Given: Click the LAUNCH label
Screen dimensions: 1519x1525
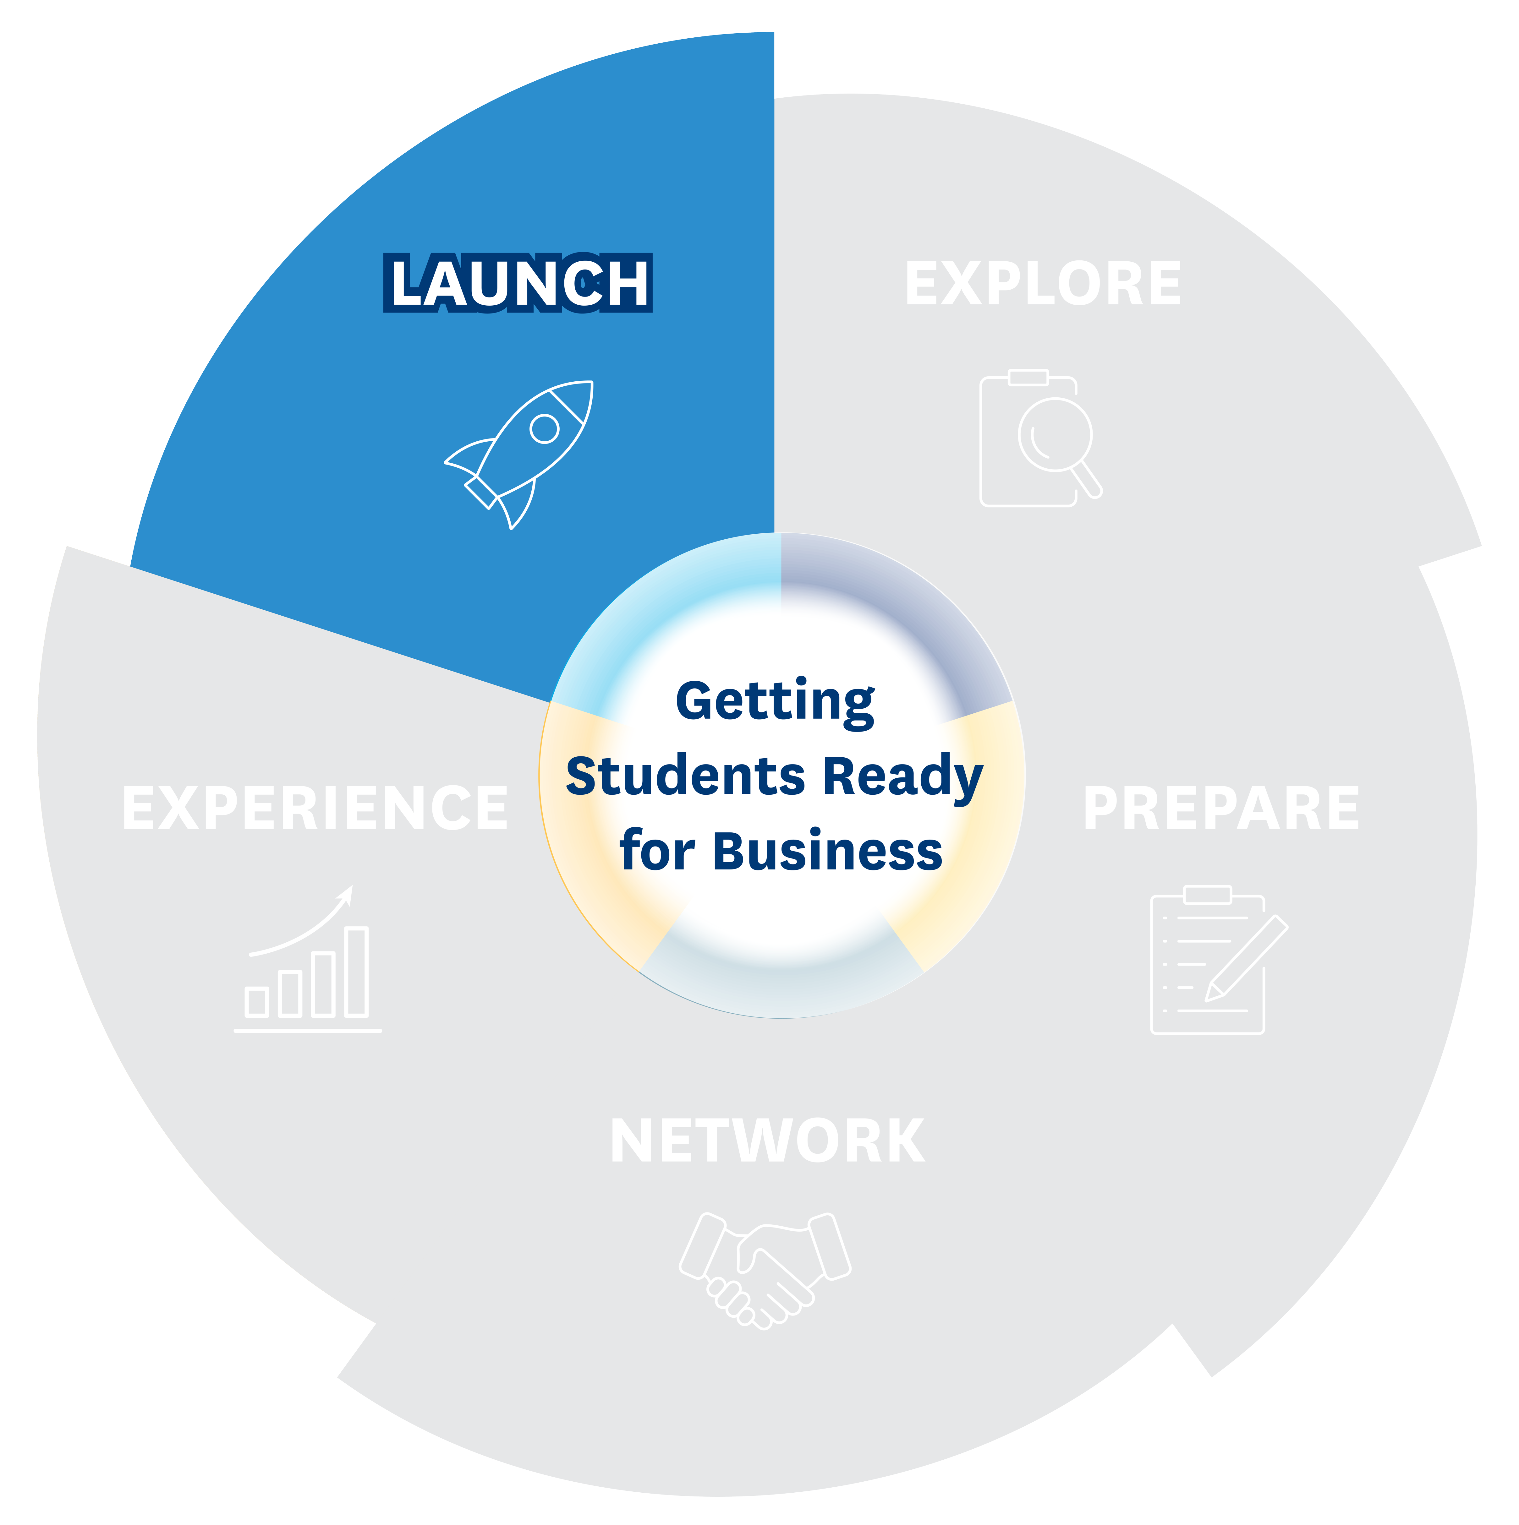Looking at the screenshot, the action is tap(518, 283).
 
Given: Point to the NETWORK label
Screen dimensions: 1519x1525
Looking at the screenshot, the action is tap(767, 1141).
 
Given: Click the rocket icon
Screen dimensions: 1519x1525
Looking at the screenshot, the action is tap(519, 455).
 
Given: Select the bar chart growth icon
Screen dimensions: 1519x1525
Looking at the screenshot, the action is tap(308, 958).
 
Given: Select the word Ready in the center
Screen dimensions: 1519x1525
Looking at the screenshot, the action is tap(903, 778).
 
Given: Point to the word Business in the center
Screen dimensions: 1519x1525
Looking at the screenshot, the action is tap(827, 851).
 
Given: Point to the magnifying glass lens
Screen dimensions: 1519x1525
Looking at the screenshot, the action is tap(1055, 434).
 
